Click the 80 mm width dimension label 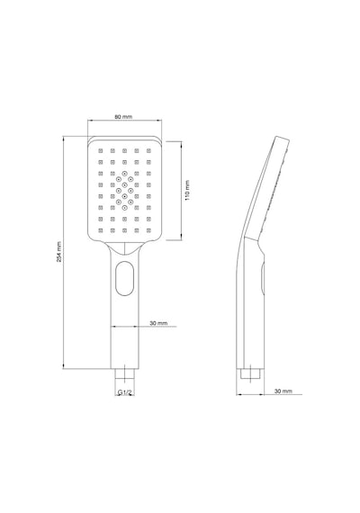(123, 116)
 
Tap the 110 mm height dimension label (187, 191)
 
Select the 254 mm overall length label (58, 252)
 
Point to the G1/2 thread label (124, 391)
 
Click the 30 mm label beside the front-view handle (158, 323)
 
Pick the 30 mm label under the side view (283, 391)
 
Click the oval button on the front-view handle (125, 278)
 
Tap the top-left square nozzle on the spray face (101, 150)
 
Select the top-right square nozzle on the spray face (148, 150)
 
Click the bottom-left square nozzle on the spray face (101, 230)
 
